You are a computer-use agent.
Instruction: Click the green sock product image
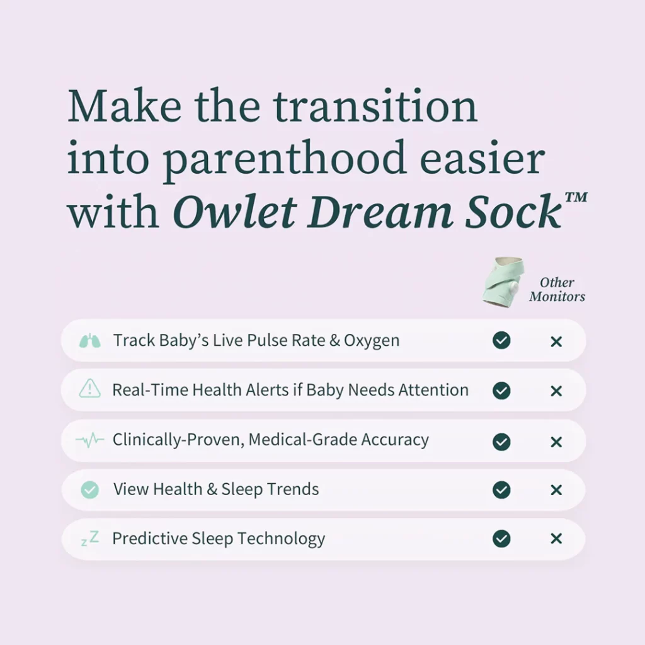click(503, 282)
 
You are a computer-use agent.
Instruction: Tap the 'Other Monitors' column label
click(557, 289)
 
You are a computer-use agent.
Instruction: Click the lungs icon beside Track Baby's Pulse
click(89, 341)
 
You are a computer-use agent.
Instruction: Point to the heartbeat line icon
click(89, 440)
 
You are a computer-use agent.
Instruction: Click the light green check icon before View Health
click(89, 489)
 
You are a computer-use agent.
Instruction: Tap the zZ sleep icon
click(90, 539)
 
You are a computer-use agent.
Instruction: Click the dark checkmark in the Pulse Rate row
click(501, 340)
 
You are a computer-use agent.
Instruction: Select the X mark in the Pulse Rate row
click(556, 341)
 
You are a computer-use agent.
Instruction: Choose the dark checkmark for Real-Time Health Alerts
click(501, 391)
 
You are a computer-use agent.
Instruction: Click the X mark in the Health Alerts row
click(556, 391)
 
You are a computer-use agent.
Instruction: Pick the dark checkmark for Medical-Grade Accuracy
click(501, 442)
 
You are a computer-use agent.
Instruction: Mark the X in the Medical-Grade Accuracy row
click(556, 442)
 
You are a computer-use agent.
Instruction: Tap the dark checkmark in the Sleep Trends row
click(501, 489)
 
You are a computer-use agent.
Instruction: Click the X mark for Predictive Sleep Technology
click(556, 539)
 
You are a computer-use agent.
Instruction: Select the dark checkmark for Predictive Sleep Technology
click(501, 539)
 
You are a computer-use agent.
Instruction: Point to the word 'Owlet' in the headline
click(235, 212)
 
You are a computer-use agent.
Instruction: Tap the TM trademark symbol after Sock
click(576, 197)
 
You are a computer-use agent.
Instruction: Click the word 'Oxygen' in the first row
click(372, 341)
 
